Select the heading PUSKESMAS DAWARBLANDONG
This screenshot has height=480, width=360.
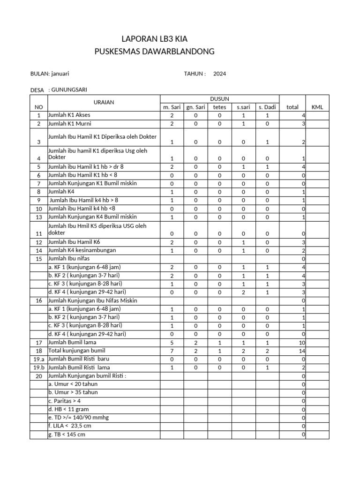pos(154,51)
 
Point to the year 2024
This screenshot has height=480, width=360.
pos(219,74)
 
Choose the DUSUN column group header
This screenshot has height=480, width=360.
pos(219,98)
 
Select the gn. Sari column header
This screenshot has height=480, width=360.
pos(196,107)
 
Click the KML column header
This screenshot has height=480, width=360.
pos(317,107)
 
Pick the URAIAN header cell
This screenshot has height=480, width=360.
pos(104,102)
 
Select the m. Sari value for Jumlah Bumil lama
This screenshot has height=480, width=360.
pos(172,343)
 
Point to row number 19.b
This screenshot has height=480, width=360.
pos(38,368)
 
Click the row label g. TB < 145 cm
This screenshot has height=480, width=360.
pos(67,435)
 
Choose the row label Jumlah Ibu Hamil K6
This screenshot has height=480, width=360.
pos(74,242)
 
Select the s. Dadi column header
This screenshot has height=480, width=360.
pos(267,107)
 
